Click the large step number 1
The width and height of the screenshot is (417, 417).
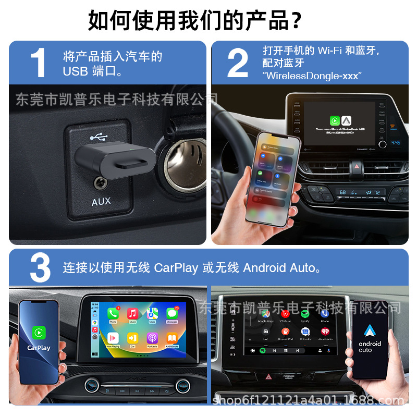pyautogui.click(x=38, y=64)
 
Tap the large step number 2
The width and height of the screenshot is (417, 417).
pyautogui.click(x=238, y=64)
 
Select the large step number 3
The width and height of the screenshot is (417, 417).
pyautogui.click(x=40, y=268)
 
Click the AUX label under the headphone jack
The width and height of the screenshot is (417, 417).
pyautogui.click(x=101, y=201)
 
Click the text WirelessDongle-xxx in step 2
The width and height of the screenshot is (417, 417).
pyautogui.click(x=312, y=76)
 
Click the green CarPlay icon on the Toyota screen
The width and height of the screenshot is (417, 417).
pyautogui.click(x=335, y=120)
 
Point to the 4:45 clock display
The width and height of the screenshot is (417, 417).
pyautogui.click(x=396, y=142)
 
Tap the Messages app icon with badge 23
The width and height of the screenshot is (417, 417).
pyautogui.click(x=172, y=314)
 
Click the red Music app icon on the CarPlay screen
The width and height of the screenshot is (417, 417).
pyautogui.click(x=132, y=314)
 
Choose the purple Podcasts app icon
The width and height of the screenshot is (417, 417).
pyautogui.click(x=152, y=338)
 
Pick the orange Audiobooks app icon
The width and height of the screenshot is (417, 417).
pyautogui.click(x=172, y=338)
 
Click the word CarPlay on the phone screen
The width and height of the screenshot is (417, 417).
pyautogui.click(x=39, y=348)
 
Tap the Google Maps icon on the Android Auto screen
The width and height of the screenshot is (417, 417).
pyautogui.click(x=265, y=314)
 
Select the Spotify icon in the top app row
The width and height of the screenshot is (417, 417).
pyautogui.click(x=305, y=314)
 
